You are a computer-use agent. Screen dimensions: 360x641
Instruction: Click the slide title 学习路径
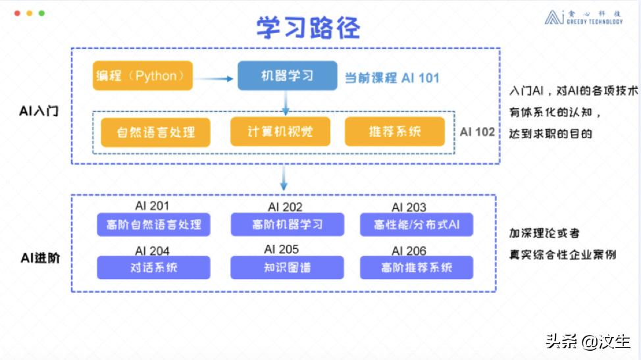(308, 28)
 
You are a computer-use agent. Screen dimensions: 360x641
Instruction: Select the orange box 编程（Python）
(143, 76)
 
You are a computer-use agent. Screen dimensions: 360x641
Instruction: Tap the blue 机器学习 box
(287, 76)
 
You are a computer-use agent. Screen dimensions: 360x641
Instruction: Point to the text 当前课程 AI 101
(392, 78)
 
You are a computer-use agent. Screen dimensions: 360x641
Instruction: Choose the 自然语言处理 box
(156, 132)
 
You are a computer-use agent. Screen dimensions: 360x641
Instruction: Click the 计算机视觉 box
(280, 132)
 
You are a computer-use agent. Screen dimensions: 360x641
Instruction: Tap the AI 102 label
(477, 132)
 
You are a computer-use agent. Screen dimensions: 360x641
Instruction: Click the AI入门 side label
(39, 111)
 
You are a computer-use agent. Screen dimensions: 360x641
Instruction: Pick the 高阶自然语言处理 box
(153, 224)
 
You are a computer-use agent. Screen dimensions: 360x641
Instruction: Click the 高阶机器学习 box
(287, 224)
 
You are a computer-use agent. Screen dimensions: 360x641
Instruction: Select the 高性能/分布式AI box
(417, 224)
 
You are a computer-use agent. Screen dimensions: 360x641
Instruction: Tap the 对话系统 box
(153, 267)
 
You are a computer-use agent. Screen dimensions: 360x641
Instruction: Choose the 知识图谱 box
(287, 267)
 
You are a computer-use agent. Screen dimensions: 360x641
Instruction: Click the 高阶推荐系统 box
(417, 267)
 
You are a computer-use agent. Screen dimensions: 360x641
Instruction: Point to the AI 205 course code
(281, 249)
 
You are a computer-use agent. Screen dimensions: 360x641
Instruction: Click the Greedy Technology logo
(583, 17)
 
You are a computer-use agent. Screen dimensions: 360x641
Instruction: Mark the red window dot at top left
(17, 13)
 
